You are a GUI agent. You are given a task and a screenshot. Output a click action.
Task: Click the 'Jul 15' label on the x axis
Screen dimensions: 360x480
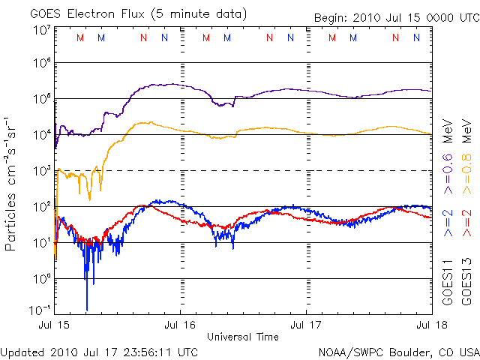pos(56,325)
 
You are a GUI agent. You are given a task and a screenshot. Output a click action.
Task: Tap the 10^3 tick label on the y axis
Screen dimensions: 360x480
pos(41,170)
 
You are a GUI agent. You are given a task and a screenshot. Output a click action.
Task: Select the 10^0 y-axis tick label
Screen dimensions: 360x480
pos(41,278)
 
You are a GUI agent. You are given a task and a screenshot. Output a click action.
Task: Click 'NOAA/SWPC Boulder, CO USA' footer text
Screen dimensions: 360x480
pos(398,352)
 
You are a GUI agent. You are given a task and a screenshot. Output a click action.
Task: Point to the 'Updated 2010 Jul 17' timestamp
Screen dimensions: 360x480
pos(100,352)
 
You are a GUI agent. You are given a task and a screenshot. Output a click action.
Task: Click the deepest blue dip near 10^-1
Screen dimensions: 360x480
pos(87,308)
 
